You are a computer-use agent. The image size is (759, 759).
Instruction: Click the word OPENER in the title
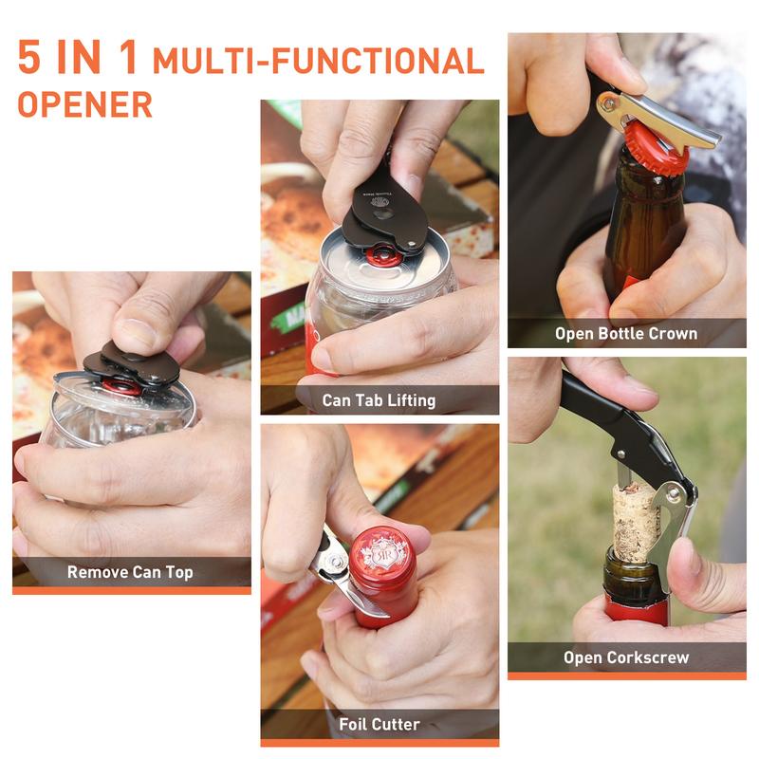84,103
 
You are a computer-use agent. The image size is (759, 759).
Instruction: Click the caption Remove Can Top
130,572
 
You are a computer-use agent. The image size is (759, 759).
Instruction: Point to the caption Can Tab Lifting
379,400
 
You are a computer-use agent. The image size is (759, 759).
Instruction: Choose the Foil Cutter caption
379,724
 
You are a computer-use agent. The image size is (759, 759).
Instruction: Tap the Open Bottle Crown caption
626,333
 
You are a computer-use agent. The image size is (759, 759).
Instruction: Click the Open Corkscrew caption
626,657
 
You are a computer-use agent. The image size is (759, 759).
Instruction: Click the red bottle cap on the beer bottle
655,152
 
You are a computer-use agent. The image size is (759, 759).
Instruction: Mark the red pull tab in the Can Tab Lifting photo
384,253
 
